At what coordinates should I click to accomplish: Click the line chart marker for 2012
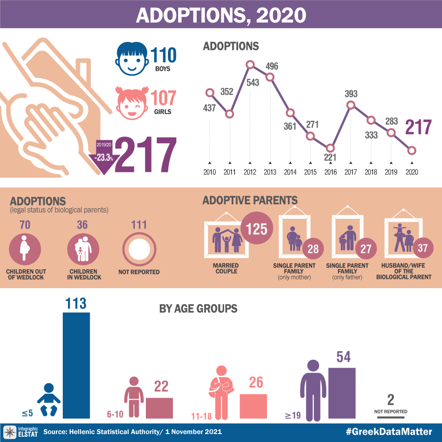point(250,65)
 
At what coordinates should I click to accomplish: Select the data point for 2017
point(351,105)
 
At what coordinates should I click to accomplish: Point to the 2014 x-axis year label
point(290,172)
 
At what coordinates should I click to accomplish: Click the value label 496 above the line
point(272,66)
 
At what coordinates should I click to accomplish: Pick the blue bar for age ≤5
point(76,365)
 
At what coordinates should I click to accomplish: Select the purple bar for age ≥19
point(342,392)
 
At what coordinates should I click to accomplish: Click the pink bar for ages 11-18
point(253,406)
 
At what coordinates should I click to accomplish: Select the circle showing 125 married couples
point(256,229)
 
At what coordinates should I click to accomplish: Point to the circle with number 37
point(423,248)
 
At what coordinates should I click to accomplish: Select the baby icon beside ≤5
point(49,400)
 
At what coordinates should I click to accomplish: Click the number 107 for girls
point(163,99)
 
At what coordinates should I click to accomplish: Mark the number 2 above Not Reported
point(390,400)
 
